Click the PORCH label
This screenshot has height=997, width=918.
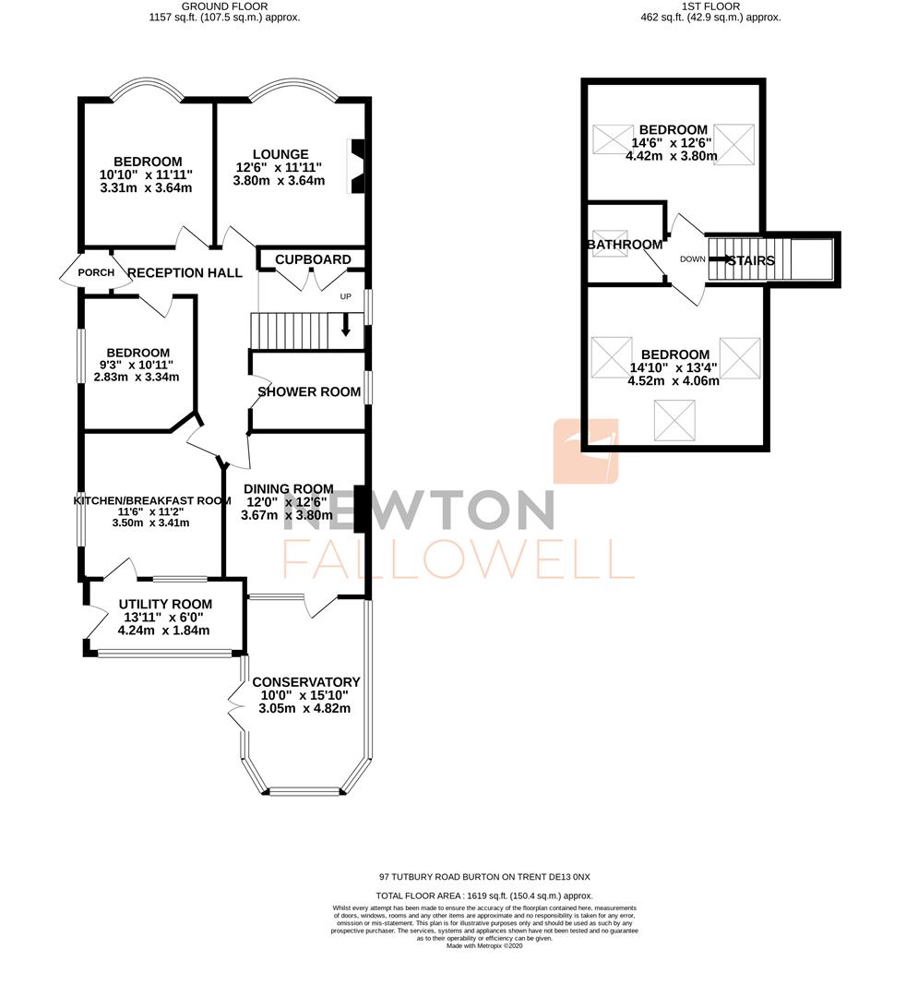click(96, 272)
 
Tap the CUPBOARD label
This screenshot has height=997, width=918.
click(313, 259)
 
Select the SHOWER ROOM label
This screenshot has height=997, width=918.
click(309, 391)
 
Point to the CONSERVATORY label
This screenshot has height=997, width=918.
click(304, 682)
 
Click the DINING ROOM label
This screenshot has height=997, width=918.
click(289, 489)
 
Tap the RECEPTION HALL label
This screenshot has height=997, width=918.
click(185, 272)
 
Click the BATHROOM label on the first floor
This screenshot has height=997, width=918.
click(626, 245)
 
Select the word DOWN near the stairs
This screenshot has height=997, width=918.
click(692, 259)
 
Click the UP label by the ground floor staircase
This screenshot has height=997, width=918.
click(346, 297)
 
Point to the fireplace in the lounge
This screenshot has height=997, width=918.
click(355, 166)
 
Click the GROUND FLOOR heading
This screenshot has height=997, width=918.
click(225, 6)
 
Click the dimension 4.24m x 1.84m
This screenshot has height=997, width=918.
click(164, 631)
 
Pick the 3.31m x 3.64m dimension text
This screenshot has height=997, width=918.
click(146, 187)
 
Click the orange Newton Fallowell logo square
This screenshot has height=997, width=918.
click(585, 451)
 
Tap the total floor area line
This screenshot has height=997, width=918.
click(484, 895)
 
